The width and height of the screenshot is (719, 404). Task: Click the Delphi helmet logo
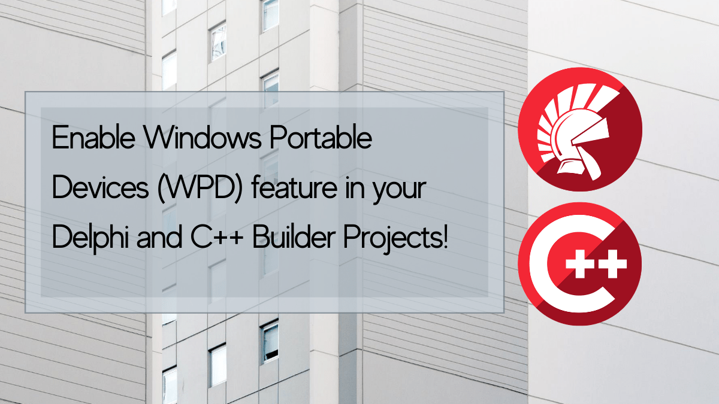click(x=579, y=129)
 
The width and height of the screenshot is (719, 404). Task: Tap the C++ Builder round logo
click(x=579, y=264)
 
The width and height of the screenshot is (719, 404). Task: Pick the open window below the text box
click(x=270, y=341)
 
